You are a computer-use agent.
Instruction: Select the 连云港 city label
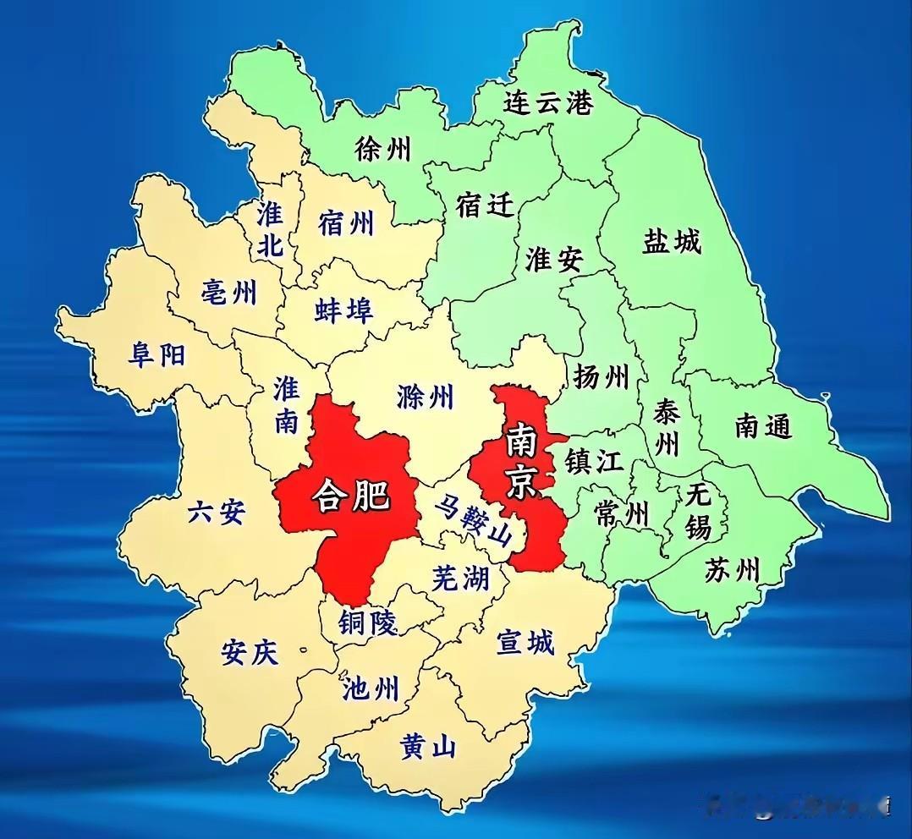tap(548, 102)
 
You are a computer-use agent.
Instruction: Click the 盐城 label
tap(672, 242)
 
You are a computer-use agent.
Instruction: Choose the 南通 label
tap(763, 426)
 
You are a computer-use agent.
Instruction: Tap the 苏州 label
tap(732, 570)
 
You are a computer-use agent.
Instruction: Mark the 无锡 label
tap(698, 511)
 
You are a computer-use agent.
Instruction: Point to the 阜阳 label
tap(157, 354)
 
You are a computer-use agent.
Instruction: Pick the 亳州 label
tap(228, 293)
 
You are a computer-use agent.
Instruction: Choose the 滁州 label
tap(425, 396)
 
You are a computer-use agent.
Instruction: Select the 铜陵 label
tap(367, 623)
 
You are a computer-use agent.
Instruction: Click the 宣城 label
tap(525, 643)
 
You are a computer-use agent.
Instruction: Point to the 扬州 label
tap(601, 376)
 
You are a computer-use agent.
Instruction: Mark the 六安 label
tap(216, 511)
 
